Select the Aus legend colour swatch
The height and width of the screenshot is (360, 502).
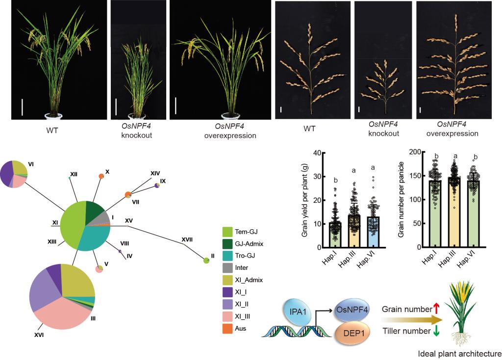pos(227,328)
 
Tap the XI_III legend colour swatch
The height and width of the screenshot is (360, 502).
pos(227,316)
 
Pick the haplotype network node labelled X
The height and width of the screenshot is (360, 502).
pos(101,176)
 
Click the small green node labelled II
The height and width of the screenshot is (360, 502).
pos(206,261)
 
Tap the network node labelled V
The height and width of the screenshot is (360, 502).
pos(100,269)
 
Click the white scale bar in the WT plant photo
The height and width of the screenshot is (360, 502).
pos(23,107)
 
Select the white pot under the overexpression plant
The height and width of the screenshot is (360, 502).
pos(230,116)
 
